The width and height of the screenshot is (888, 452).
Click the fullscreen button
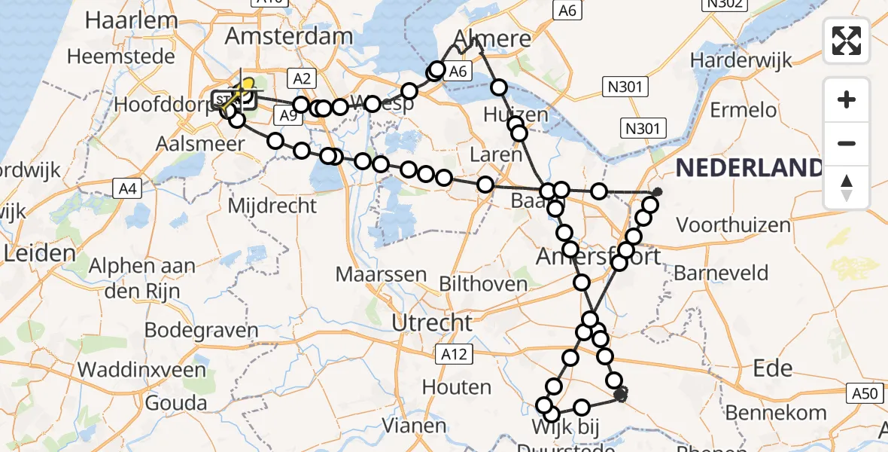(847, 40)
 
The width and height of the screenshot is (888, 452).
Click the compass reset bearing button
(847, 187)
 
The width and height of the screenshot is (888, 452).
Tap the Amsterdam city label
(288, 36)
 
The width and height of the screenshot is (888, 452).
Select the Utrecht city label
(432, 323)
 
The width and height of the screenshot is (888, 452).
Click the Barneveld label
(721, 273)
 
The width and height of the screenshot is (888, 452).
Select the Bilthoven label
(483, 284)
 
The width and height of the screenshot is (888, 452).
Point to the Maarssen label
(382, 273)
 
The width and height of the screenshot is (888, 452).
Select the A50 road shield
(866, 392)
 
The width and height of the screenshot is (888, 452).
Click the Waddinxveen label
(141, 370)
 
